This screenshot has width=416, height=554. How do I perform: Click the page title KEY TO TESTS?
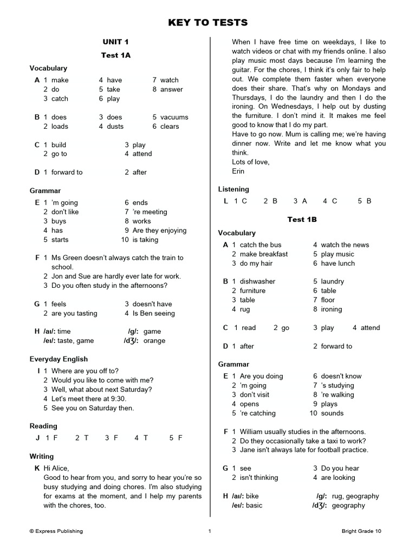click(208, 22)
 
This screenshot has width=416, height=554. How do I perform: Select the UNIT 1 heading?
click(116, 42)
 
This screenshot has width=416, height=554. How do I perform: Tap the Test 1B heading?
click(302, 219)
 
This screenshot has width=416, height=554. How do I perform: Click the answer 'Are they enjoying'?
click(159, 230)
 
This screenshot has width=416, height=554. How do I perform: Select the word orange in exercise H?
click(154, 341)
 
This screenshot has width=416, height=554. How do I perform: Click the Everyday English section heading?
click(58, 359)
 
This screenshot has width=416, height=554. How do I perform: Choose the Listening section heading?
click(233, 189)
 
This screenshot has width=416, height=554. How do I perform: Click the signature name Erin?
click(238, 171)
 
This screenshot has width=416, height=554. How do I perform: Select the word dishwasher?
click(257, 281)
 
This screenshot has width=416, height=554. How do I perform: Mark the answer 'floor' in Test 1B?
click(328, 300)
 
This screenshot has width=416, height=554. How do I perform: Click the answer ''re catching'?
click(257, 413)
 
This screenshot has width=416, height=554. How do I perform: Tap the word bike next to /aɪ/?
click(252, 496)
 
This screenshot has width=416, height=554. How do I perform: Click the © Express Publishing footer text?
click(56, 531)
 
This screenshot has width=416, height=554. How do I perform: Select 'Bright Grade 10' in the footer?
click(361, 531)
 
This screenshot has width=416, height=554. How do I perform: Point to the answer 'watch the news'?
click(344, 245)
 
